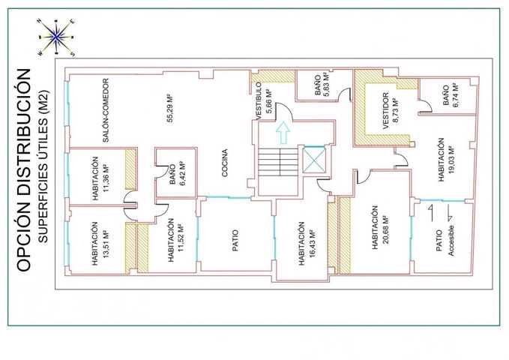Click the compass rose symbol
(56, 37)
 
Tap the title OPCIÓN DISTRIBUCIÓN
(24, 170)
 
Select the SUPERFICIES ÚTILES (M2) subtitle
(43, 166)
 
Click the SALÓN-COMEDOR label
(106, 110)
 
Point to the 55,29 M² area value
(170, 108)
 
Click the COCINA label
(224, 163)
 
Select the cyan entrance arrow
(283, 133)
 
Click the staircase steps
(278, 162)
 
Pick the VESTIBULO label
(259, 101)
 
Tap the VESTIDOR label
(385, 111)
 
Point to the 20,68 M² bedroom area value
(385, 229)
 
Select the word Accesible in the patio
(451, 241)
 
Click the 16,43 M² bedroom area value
(313, 244)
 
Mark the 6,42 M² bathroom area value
(182, 173)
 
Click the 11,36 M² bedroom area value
(105, 178)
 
